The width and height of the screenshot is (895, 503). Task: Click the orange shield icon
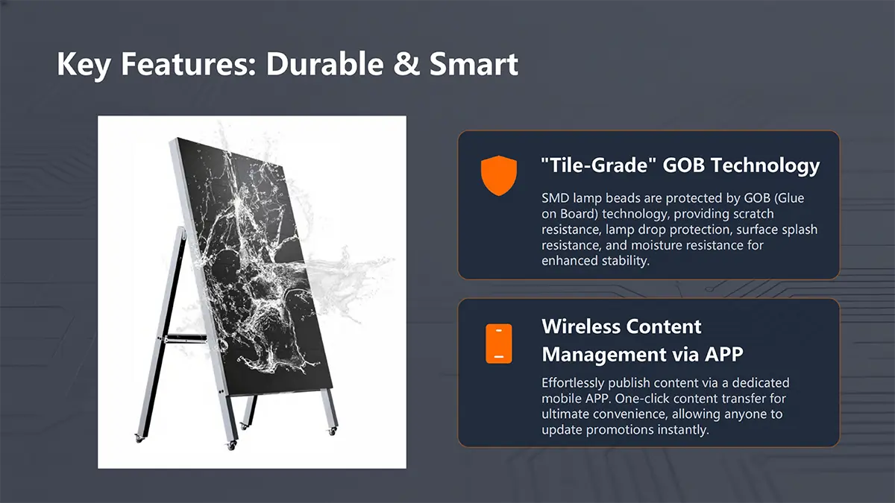(499, 176)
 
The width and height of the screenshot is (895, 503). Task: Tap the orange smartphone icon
(499, 344)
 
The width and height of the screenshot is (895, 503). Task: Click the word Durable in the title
(325, 64)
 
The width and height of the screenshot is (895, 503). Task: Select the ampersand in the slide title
(406, 64)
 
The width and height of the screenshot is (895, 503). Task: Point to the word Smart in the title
(474, 64)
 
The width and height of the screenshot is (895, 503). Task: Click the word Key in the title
(84, 66)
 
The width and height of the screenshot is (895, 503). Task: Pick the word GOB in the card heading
(684, 165)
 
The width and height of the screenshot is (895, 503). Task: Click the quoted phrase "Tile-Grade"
(598, 165)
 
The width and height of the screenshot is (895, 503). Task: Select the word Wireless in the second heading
(580, 326)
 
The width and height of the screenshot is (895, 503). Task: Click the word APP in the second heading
(723, 354)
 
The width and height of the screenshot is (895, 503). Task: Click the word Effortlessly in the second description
(573, 383)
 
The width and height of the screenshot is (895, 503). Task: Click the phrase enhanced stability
(595, 261)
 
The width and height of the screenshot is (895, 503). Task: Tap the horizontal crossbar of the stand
(186, 339)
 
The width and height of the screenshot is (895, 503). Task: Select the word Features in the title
(188, 64)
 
